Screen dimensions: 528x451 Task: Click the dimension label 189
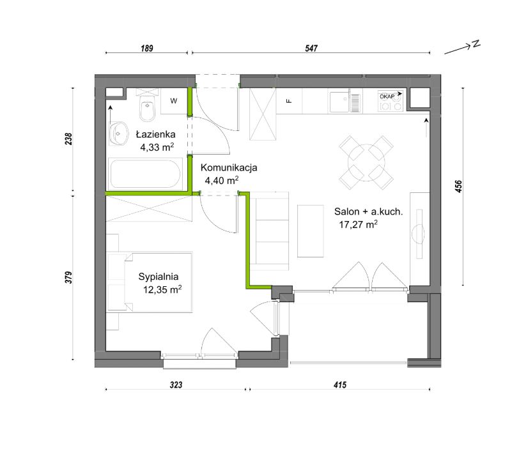coord(147,48)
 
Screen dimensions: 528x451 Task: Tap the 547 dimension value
coord(311,48)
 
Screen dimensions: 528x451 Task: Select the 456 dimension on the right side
coord(458,187)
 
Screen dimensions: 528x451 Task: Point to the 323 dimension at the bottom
coord(176,385)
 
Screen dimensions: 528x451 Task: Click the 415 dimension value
coord(340,385)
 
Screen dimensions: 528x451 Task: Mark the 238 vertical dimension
coord(68,139)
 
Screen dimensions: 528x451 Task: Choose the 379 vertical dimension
coord(68,277)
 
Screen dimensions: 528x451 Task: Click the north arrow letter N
coord(476,43)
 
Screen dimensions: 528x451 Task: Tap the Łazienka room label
coord(155,135)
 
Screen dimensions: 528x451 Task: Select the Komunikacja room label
coord(229,167)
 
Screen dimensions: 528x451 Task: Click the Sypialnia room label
coord(159,277)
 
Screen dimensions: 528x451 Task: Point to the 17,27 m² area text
coord(358,224)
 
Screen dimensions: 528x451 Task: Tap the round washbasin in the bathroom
coord(118,134)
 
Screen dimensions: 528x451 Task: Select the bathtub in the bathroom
coord(145,174)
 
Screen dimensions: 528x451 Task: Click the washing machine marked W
coord(174,101)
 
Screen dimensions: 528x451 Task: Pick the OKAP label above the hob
coord(387,96)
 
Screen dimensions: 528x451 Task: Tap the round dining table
coord(366,162)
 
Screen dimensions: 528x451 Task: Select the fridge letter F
coord(288,101)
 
